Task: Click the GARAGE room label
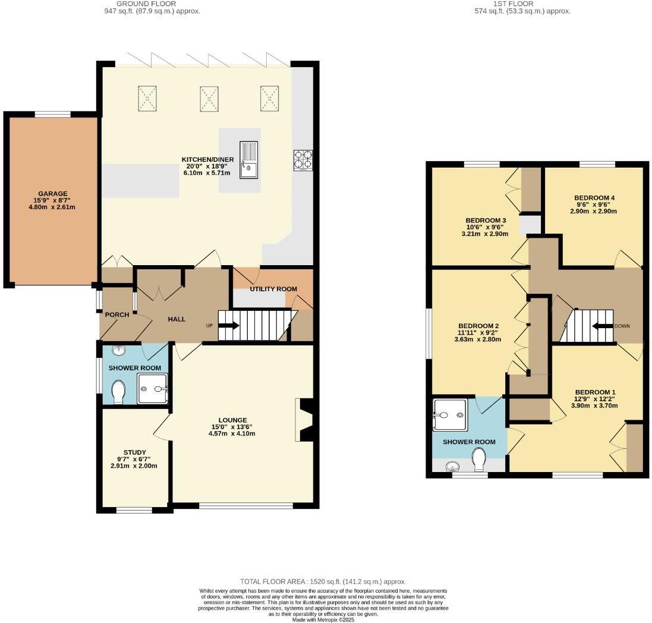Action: [52, 193]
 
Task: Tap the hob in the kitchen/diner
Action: [303, 161]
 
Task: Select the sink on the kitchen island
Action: [248, 160]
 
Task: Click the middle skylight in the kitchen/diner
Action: [209, 99]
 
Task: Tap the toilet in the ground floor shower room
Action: [118, 391]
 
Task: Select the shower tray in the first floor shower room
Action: [449, 415]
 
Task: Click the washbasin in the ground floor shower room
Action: [119, 351]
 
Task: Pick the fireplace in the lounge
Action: [304, 420]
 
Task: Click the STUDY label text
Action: [135, 452]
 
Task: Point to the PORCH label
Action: [117, 315]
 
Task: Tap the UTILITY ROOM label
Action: [273, 289]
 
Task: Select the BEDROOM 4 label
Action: [594, 198]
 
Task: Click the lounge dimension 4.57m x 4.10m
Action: [232, 433]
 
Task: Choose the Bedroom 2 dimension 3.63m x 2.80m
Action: [478, 339]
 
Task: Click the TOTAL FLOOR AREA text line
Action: [323, 581]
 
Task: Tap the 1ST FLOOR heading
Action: [514, 4]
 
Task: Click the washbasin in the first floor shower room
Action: [452, 467]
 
